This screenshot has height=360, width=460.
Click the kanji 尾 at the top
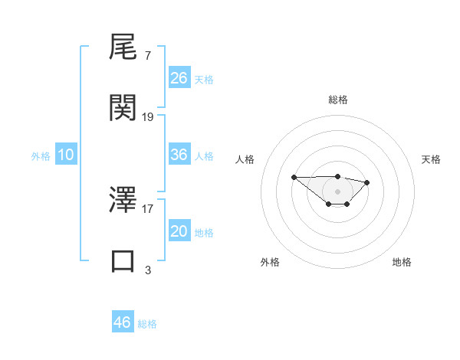123,50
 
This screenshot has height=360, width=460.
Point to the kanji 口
123,260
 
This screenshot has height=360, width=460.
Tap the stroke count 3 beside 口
148,270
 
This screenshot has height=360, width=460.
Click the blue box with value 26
179,78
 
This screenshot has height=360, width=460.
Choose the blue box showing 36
179,155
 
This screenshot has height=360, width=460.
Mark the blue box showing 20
179,231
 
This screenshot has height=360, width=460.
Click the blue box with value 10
66,155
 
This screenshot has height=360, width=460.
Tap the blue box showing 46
123,322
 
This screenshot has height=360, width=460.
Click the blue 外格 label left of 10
41,155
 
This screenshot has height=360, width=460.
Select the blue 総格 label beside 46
147,324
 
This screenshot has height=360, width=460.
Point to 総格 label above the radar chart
337,100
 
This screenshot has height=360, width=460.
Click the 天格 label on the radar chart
431,159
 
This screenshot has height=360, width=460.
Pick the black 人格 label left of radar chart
245,159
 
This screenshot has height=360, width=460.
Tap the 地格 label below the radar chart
402,262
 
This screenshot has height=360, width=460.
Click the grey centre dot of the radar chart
337,191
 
